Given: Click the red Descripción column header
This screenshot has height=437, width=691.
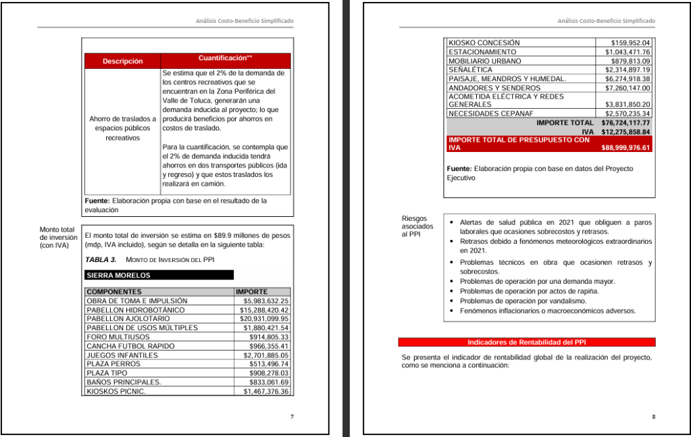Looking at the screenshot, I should [122, 61].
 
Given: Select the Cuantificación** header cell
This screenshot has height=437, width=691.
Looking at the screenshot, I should [226, 58].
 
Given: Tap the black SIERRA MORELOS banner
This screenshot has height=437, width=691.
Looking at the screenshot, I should [159, 276].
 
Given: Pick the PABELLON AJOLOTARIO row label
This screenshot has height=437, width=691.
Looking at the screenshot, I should [128, 319].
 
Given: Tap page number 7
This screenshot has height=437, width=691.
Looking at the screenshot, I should [292, 417].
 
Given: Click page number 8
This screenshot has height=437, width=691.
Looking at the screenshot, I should [654, 417].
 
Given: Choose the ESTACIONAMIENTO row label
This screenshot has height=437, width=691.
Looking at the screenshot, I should [482, 52].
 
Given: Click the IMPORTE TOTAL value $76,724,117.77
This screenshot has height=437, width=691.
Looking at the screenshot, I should [625, 123].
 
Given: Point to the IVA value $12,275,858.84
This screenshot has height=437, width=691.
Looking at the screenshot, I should [625, 132].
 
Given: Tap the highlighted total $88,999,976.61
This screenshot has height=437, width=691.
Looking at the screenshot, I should [625, 147].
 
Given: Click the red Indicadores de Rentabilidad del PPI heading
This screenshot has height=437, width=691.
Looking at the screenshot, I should [527, 342].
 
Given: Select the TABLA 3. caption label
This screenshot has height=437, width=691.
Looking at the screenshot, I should [101, 259].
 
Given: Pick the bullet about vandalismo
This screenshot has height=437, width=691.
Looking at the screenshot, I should [514, 301].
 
